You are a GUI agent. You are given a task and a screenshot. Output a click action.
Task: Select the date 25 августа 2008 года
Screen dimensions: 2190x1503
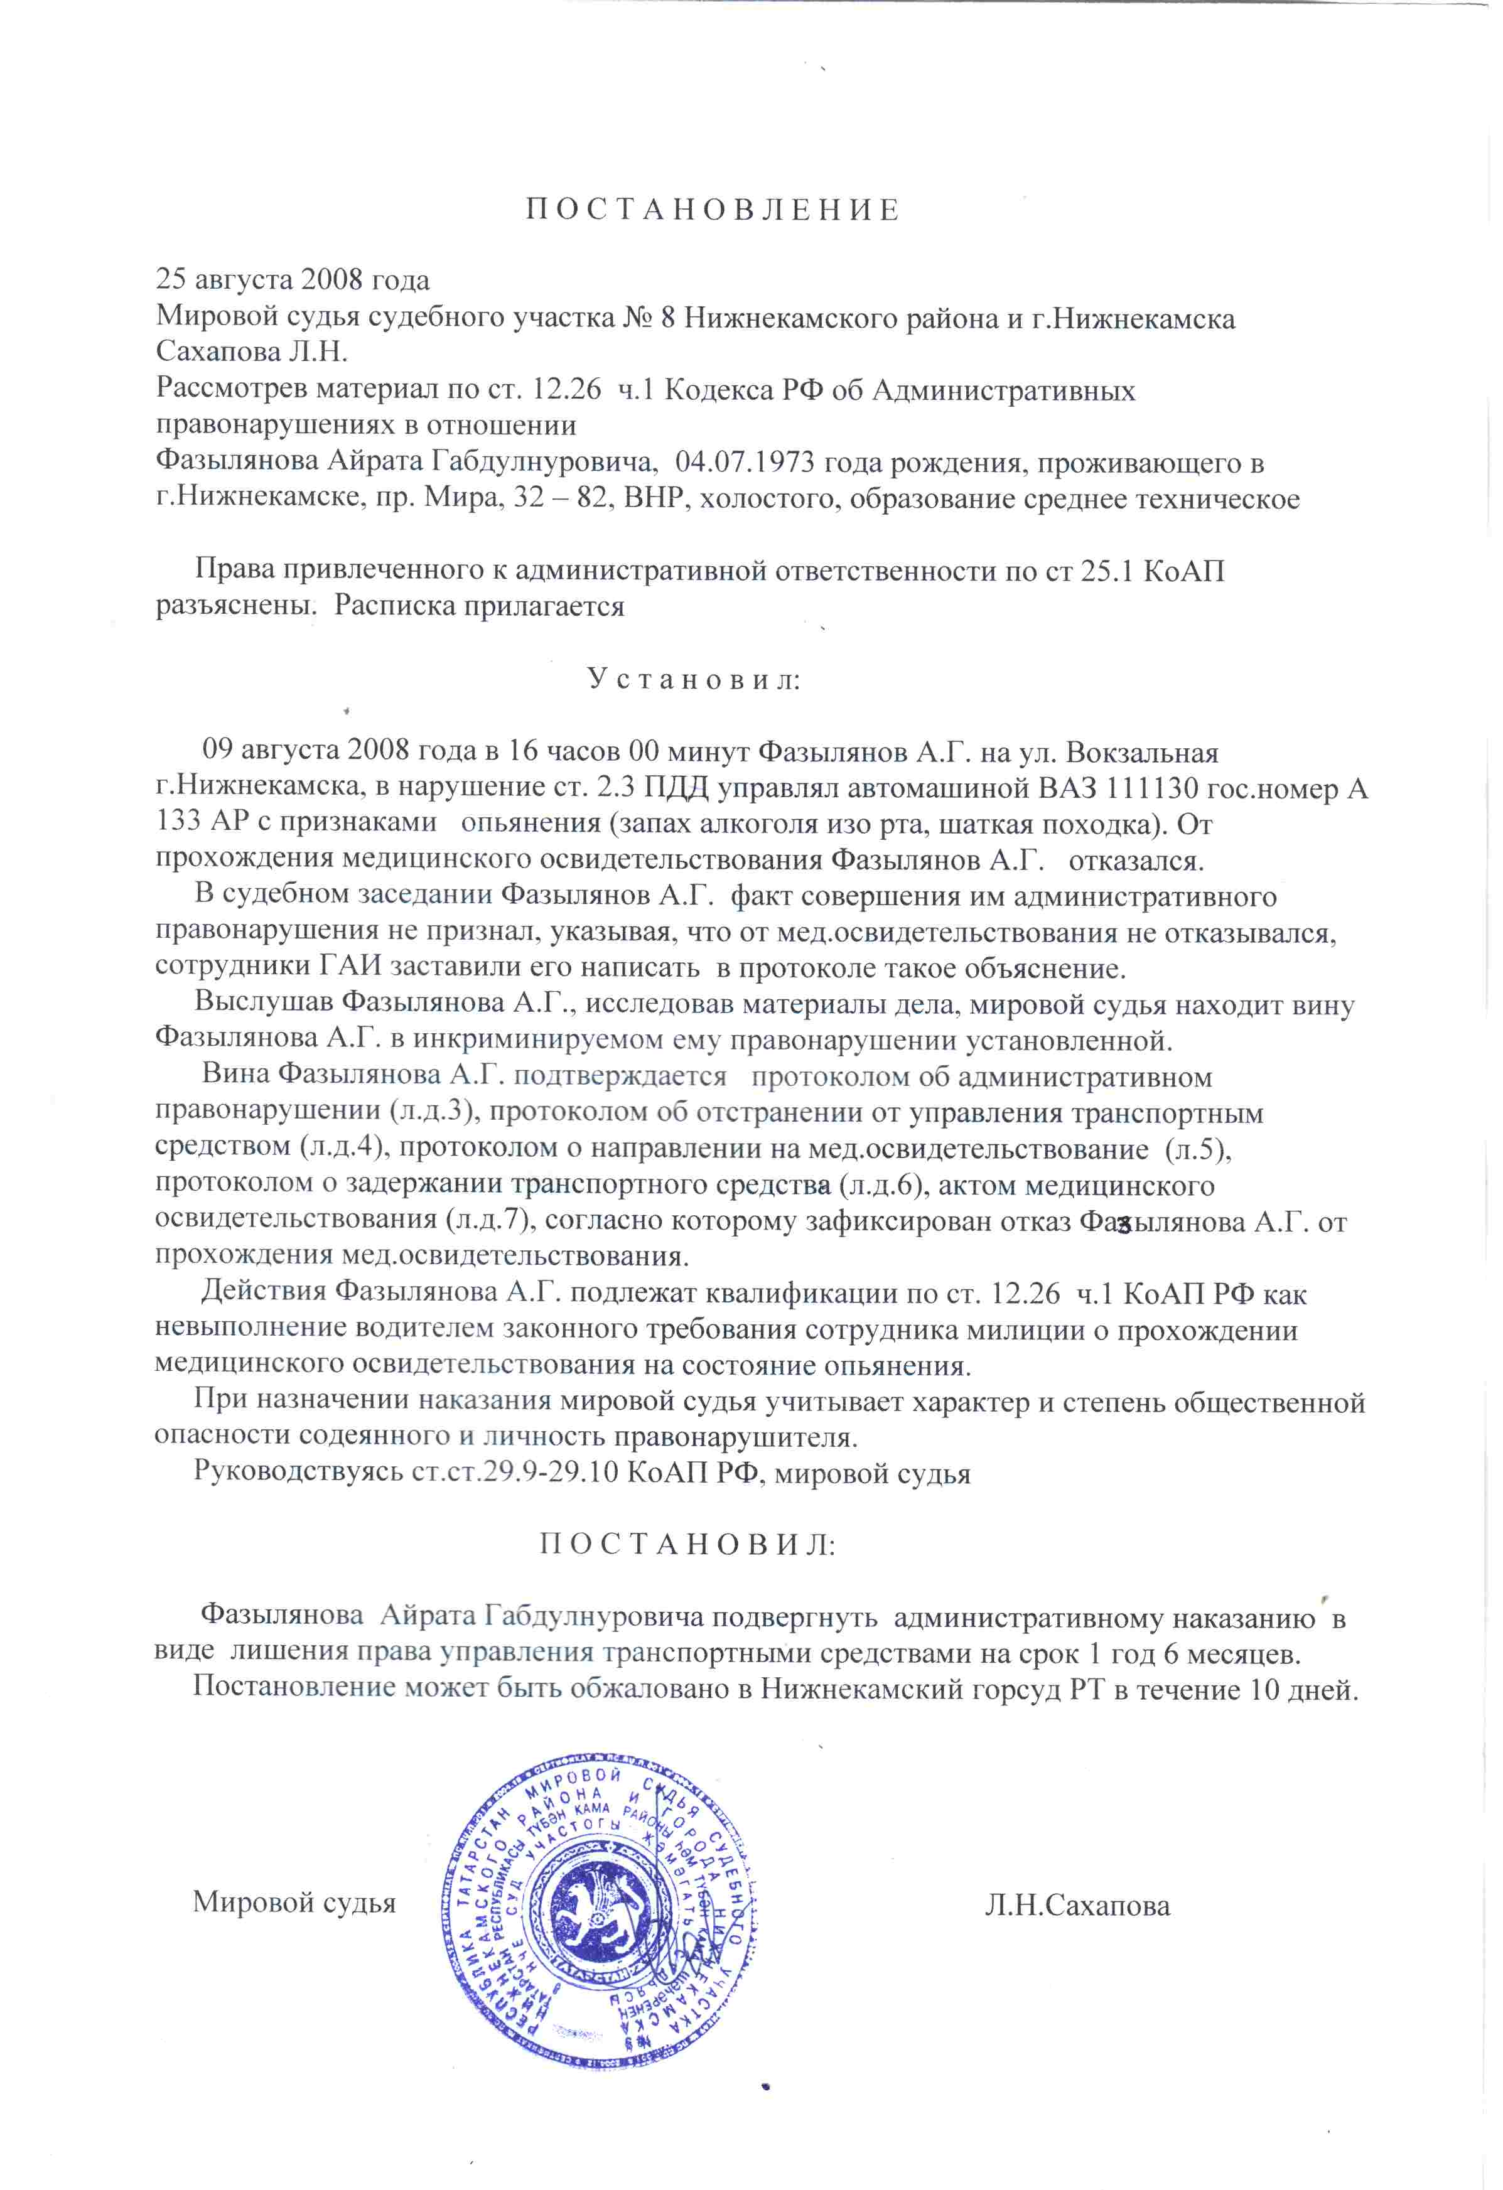click(x=292, y=280)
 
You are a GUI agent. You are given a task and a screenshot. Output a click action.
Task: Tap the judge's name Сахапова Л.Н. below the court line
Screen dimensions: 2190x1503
click(x=252, y=352)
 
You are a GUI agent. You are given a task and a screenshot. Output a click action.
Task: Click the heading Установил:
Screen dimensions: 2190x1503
click(x=694, y=679)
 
